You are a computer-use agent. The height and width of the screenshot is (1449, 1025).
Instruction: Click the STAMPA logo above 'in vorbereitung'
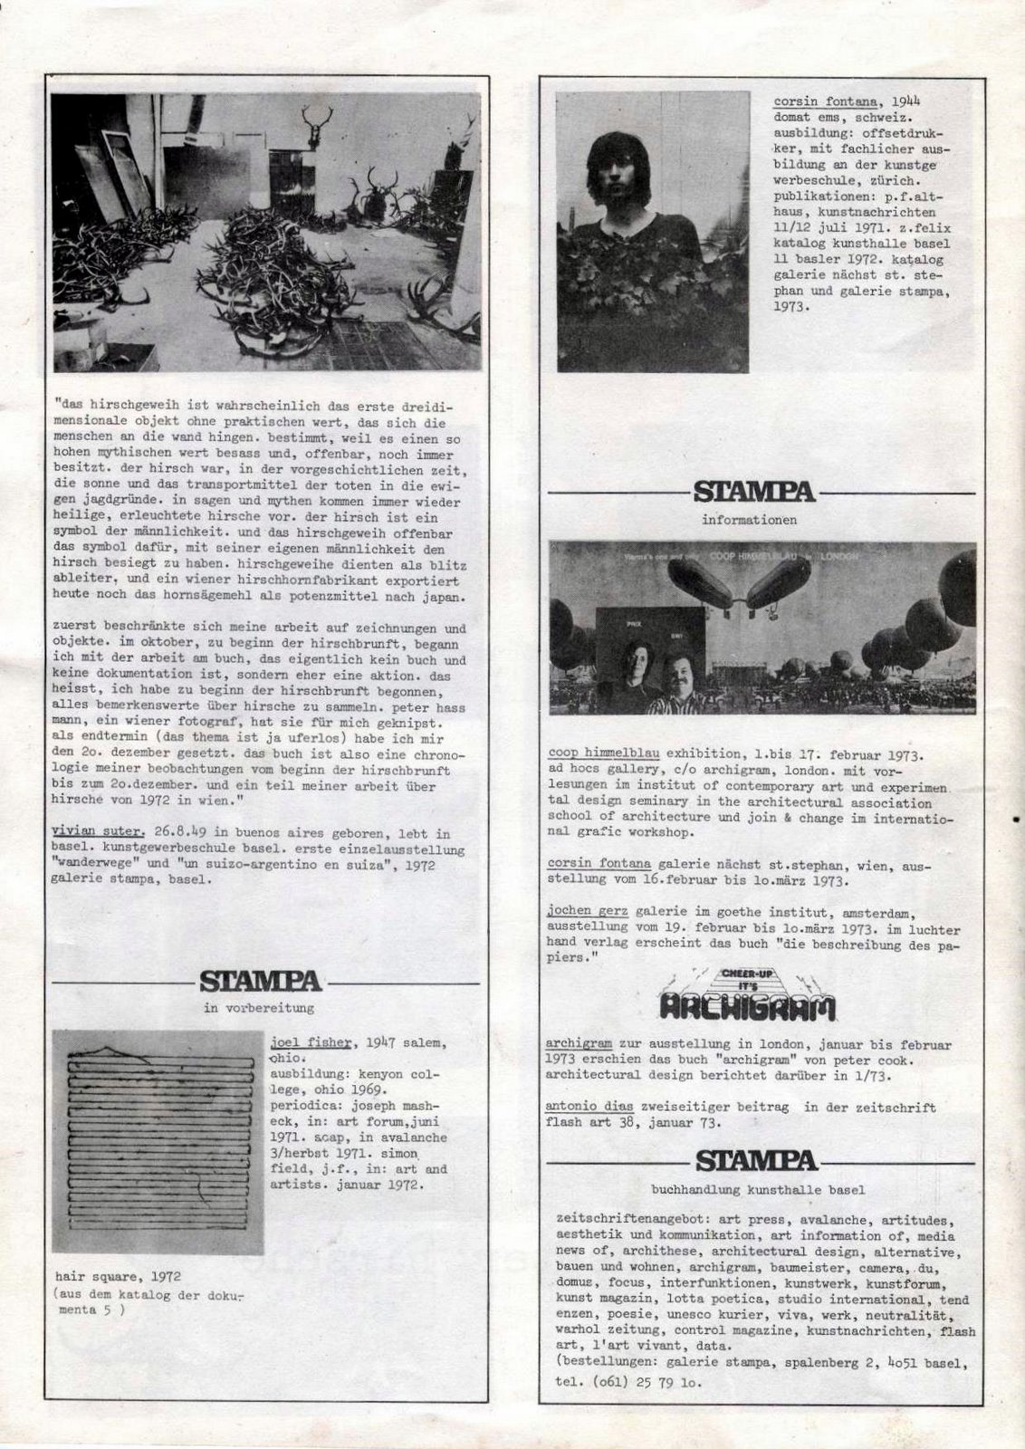(x=261, y=981)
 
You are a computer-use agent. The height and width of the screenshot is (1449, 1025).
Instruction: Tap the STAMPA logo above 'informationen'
(x=754, y=493)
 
